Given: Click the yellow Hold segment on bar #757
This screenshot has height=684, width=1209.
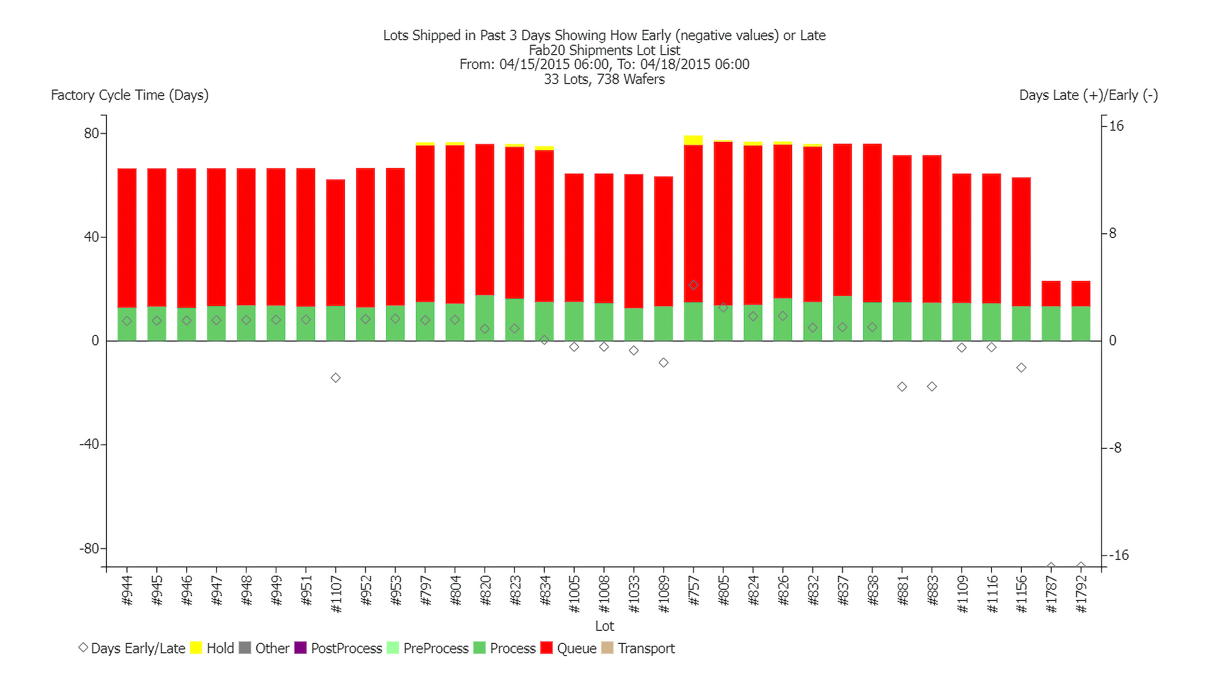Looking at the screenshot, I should pyautogui.click(x=693, y=140).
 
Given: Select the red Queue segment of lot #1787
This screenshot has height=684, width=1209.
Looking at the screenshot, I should pyautogui.click(x=1051, y=293).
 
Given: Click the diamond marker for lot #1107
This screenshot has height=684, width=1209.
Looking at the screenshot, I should pyautogui.click(x=336, y=378).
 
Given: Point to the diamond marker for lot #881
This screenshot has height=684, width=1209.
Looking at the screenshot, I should pyautogui.click(x=902, y=387).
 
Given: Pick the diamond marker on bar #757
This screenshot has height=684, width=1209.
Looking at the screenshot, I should pyautogui.click(x=693, y=285).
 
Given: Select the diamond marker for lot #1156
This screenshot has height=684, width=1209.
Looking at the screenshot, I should pyautogui.click(x=1021, y=367).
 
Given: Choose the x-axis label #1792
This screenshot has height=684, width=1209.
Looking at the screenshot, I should pyautogui.click(x=1081, y=594).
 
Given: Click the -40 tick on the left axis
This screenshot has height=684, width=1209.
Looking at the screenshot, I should pyautogui.click(x=89, y=444).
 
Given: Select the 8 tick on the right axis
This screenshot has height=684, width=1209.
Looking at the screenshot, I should pyautogui.click(x=1112, y=233).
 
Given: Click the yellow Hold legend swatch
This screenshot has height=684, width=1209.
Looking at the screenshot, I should pyautogui.click(x=196, y=648).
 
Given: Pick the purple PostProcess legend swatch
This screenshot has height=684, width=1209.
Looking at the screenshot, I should pyautogui.click(x=300, y=648).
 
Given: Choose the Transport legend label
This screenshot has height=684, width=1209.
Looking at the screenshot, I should pyautogui.click(x=646, y=648).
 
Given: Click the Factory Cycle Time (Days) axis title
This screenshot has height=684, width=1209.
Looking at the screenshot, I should pyautogui.click(x=130, y=95).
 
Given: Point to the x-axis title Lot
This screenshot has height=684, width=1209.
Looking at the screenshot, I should pyautogui.click(x=604, y=626).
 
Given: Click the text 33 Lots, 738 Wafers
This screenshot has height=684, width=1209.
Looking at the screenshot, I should pyautogui.click(x=604, y=79).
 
